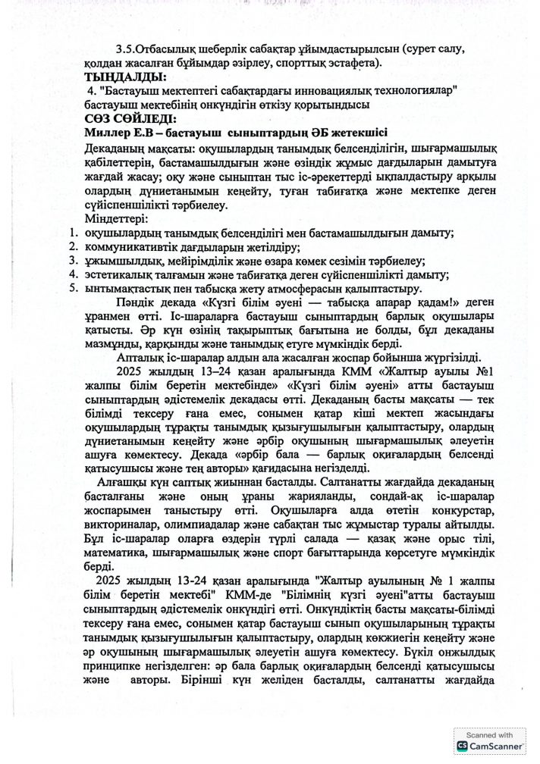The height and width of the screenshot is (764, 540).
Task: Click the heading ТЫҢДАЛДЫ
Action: coord(124,77)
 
